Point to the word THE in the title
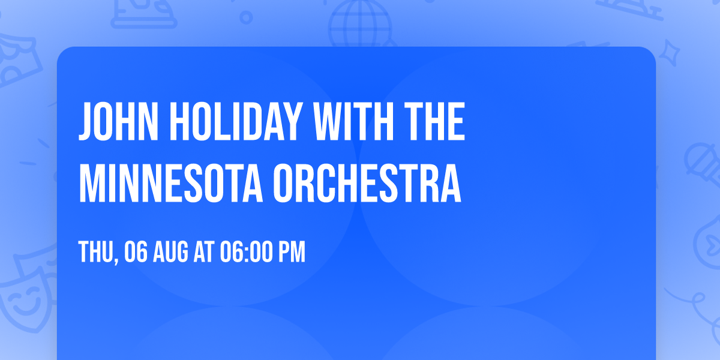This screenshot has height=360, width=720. [x=436, y=122]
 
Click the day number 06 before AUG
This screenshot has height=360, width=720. [x=136, y=253]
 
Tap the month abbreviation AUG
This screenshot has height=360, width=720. [x=171, y=253]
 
